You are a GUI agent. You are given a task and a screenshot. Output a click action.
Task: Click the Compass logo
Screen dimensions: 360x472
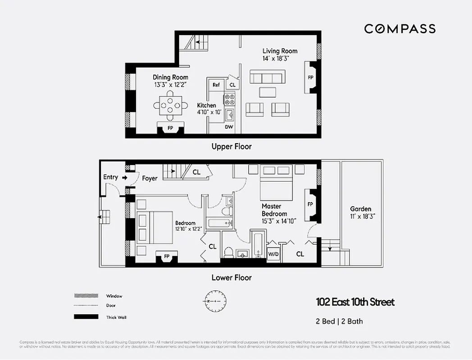pyautogui.click(x=399, y=29)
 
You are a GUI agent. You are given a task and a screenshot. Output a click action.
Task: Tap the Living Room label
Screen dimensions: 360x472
pyautogui.click(x=280, y=51)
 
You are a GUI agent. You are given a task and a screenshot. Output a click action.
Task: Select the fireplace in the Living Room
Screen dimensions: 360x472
pyautogui.click(x=310, y=77)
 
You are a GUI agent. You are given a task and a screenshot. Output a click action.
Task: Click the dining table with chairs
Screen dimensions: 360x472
pyautogui.click(x=170, y=105)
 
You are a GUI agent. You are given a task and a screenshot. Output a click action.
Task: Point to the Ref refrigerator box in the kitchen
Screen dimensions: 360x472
pyautogui.click(x=216, y=85)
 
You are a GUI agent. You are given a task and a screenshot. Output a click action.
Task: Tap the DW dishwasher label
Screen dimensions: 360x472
pyautogui.click(x=229, y=127)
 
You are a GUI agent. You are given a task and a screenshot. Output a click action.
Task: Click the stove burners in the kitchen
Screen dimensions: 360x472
pyautogui.click(x=229, y=99)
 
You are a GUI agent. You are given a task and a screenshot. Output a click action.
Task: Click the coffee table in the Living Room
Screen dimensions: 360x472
pyautogui.click(x=268, y=92)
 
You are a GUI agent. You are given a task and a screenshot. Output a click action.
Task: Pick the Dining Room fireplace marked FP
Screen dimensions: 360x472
pyautogui.click(x=170, y=128)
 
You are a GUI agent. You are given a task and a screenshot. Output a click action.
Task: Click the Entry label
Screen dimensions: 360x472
pyautogui.click(x=111, y=177)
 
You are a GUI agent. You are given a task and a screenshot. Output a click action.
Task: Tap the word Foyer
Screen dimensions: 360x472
pyautogui.click(x=150, y=178)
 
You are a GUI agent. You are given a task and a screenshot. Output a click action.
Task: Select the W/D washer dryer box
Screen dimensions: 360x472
pyautogui.click(x=273, y=253)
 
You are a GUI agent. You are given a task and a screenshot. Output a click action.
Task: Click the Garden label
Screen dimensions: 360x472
pyautogui.click(x=361, y=209)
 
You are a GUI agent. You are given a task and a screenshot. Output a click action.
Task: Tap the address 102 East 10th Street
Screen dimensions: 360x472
pyautogui.click(x=355, y=302)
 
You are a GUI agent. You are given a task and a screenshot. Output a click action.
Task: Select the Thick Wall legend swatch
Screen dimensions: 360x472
pyautogui.click(x=86, y=317)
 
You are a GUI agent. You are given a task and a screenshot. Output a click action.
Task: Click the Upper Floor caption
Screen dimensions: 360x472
pyautogui.click(x=231, y=146)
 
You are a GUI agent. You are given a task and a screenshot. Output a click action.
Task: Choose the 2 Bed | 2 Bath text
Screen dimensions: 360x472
pyautogui.click(x=339, y=321)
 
